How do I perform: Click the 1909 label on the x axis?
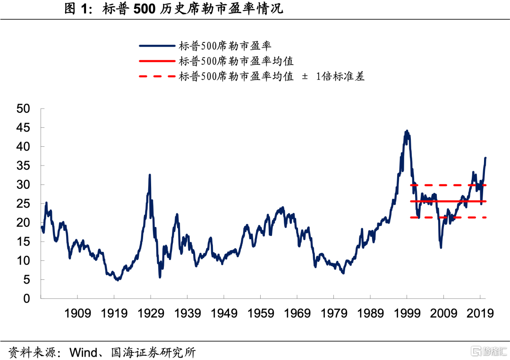(x=77, y=313)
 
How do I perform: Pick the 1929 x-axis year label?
(x=151, y=313)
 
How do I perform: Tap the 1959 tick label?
(x=261, y=313)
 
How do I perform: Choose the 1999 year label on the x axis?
(x=407, y=313)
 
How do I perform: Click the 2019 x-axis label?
(x=480, y=313)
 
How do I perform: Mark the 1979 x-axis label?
(x=334, y=313)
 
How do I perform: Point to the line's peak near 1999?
(x=406, y=131)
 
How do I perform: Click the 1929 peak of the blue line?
(x=150, y=175)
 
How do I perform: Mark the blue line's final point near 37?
(x=485, y=158)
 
